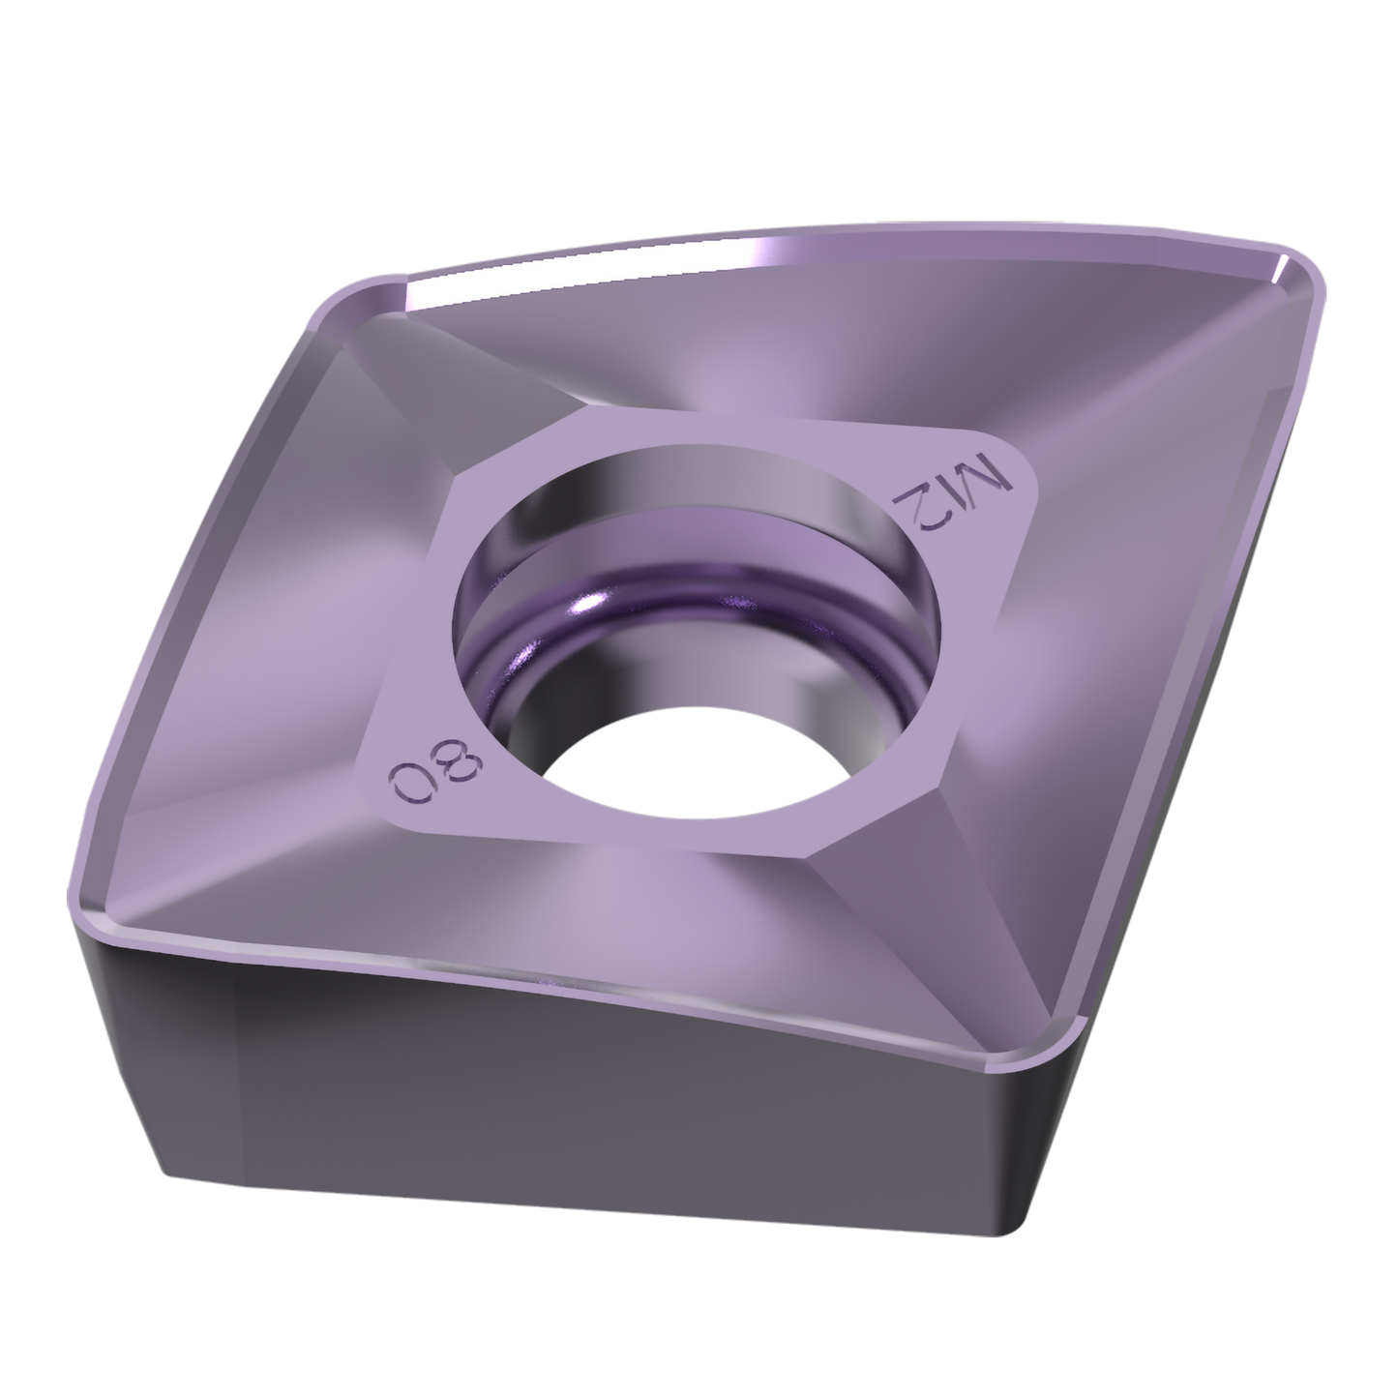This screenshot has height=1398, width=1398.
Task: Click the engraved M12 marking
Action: tap(951, 494)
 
